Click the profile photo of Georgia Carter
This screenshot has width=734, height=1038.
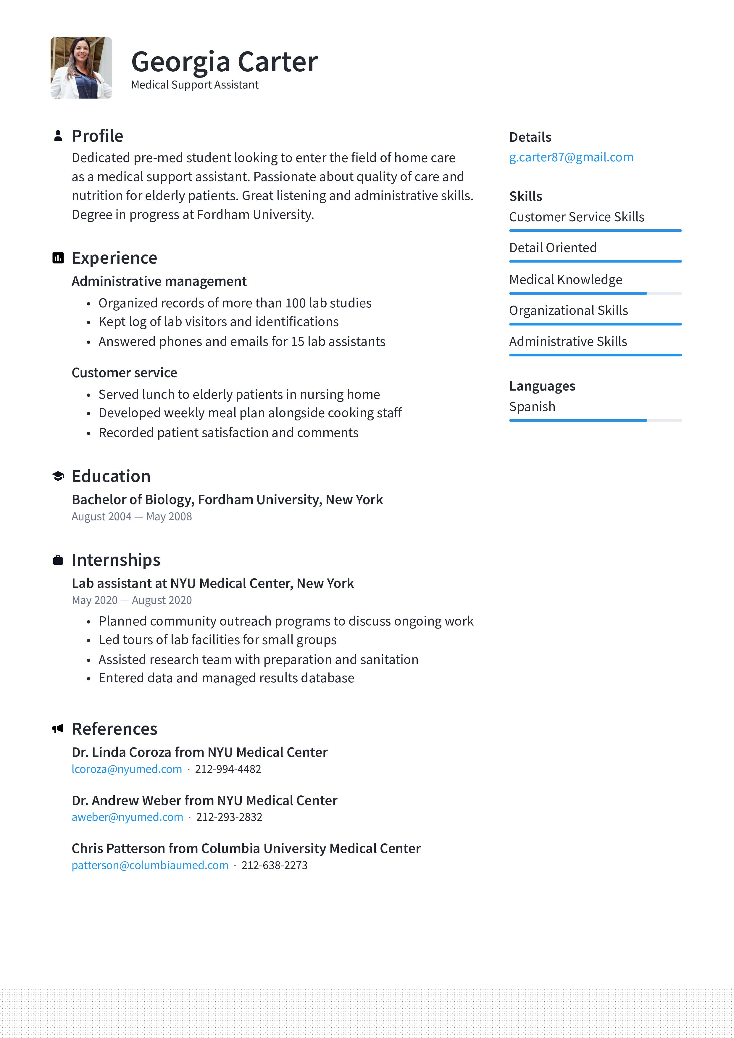[x=81, y=68]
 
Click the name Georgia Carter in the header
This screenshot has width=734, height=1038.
[x=224, y=62]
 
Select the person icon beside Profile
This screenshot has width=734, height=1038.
[x=58, y=136]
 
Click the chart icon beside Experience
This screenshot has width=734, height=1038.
[x=58, y=258]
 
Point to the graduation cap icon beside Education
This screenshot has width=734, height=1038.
[x=58, y=476]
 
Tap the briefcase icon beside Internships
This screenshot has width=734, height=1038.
[x=58, y=560]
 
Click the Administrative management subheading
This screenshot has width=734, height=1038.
[x=159, y=281]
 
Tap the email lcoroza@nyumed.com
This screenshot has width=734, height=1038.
[x=127, y=769]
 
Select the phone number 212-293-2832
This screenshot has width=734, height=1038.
[x=229, y=817]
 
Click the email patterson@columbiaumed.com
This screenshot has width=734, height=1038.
[x=150, y=865]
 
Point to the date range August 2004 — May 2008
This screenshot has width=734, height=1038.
[x=132, y=516]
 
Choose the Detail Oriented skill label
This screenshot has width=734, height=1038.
[x=553, y=248]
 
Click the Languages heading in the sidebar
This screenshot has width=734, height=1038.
[x=542, y=386]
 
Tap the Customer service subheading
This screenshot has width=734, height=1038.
[x=124, y=373]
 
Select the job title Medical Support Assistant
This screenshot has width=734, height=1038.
[x=194, y=85]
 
